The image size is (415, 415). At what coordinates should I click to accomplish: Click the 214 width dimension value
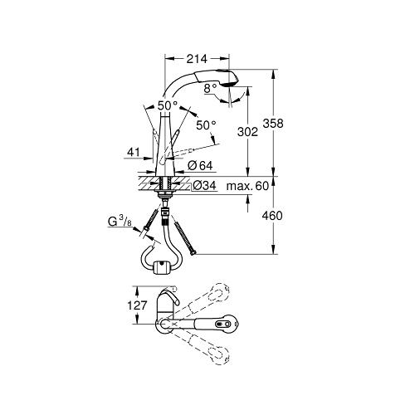tap(197, 59)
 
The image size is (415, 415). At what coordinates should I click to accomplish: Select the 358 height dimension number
tap(273, 123)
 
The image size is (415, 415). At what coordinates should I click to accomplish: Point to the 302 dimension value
tap(247, 132)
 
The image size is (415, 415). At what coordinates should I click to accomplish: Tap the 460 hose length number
tap(272, 216)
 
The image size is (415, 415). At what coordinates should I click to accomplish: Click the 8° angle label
tap(210, 89)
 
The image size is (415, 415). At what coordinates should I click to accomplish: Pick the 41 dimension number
tap(134, 152)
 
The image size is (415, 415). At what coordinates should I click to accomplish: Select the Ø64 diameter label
tap(200, 166)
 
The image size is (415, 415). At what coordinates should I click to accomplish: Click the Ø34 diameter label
tap(205, 185)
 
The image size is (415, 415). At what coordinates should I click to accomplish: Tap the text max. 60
tap(247, 186)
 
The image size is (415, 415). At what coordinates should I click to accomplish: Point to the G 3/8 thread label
tap(120, 222)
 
